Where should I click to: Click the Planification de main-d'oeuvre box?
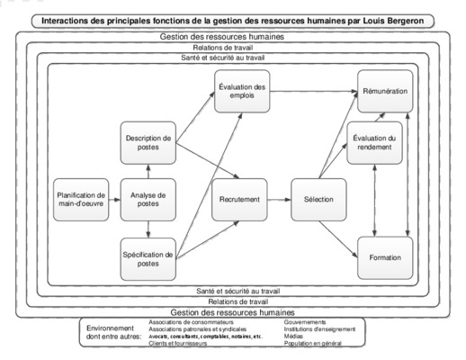point(81,200)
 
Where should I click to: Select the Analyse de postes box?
point(148,200)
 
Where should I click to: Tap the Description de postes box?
point(148,143)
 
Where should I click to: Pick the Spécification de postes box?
point(148,259)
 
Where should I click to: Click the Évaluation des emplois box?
point(242,92)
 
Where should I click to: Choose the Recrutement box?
point(239,200)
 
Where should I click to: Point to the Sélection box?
point(318,200)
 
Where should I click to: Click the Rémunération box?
point(385,92)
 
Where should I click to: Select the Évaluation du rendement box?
point(374,143)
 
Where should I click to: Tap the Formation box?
point(385,258)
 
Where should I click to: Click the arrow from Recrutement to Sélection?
point(279,200)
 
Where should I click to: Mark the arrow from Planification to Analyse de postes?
point(114,200)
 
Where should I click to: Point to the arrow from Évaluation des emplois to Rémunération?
point(314,91)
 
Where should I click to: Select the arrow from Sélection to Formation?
point(338,239)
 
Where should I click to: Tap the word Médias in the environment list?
point(293,337)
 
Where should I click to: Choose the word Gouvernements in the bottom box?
point(305,322)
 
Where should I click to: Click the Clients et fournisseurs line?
point(178,343)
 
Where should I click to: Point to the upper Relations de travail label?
point(223,48)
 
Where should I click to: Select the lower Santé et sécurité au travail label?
point(238,291)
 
